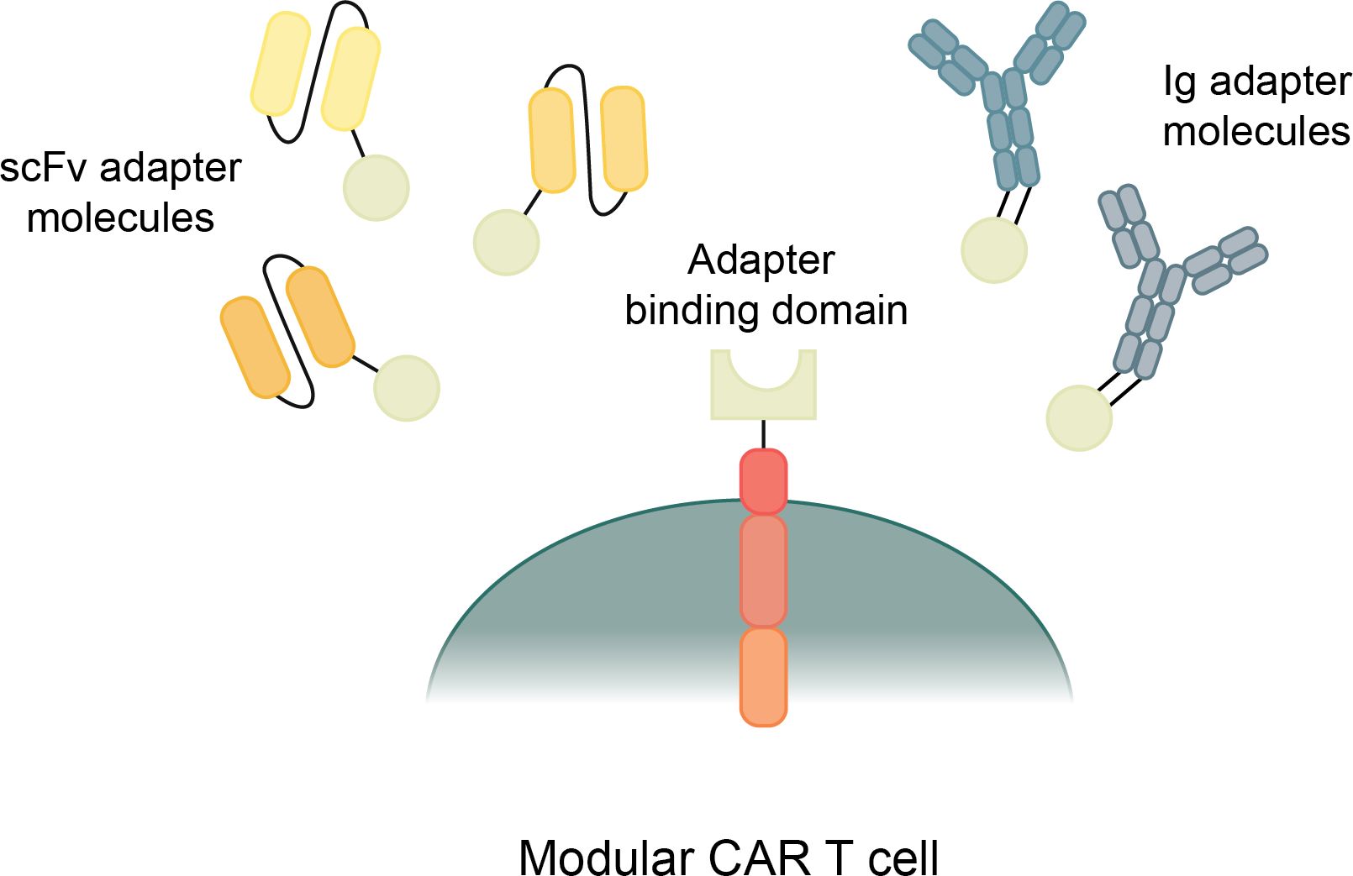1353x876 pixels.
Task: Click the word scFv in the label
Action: point(43,168)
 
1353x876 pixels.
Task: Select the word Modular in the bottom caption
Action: point(604,858)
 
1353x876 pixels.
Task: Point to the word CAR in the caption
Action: point(760,858)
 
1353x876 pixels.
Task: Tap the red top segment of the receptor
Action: point(763,481)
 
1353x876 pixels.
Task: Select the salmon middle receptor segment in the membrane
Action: point(763,571)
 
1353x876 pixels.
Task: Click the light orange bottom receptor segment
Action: point(763,677)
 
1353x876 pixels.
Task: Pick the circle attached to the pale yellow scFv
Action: point(376,188)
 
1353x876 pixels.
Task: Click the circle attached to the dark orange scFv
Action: point(407,388)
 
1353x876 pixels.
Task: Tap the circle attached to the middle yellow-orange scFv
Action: point(506,243)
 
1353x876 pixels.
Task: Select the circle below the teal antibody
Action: point(994,250)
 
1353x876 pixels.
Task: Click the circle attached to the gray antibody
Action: point(1079,418)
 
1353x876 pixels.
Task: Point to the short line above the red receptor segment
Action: point(763,434)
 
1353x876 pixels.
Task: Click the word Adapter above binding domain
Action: point(761,260)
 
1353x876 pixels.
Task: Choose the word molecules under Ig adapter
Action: point(1256,133)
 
